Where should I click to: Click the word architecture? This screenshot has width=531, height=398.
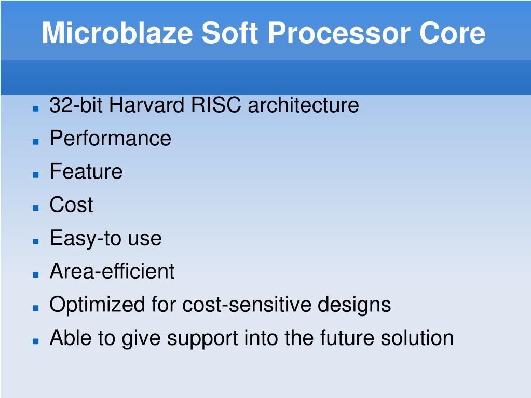[303, 105]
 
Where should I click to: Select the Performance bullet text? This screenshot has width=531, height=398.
[110, 139]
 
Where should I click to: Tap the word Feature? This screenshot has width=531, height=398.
[86, 172]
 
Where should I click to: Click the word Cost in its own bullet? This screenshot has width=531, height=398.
[71, 205]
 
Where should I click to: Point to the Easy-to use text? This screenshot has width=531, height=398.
[105, 238]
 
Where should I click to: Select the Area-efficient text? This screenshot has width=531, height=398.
[112, 271]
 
